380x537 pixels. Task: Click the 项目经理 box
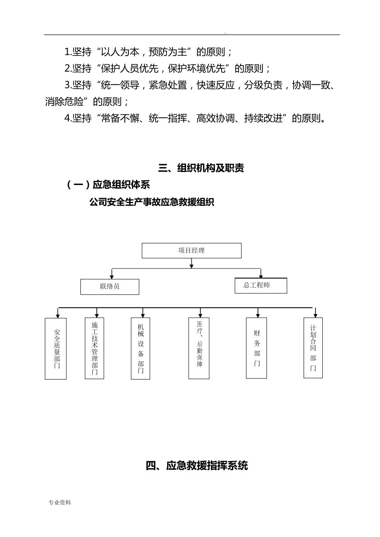coord(192,251)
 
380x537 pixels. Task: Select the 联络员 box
coord(110,286)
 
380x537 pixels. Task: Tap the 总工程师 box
coord(260,285)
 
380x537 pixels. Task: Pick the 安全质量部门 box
coord(56,348)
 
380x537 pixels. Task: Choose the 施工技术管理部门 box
coord(94,348)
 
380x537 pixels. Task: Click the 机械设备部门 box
coord(140,348)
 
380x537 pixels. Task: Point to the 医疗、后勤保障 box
coord(199,348)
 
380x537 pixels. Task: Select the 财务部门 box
coord(256,348)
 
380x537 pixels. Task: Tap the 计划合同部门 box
coord(313,348)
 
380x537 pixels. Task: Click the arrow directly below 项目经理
coord(192,263)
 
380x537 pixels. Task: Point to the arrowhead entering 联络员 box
coord(112,276)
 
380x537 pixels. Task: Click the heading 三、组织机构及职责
coord(201,168)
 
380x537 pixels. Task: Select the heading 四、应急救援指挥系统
coord(196,465)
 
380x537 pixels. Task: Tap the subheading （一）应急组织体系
coord(108,185)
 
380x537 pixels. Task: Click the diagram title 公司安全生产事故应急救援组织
coord(152,203)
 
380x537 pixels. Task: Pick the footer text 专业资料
coord(60,503)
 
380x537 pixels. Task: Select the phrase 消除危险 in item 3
coord(64,102)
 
